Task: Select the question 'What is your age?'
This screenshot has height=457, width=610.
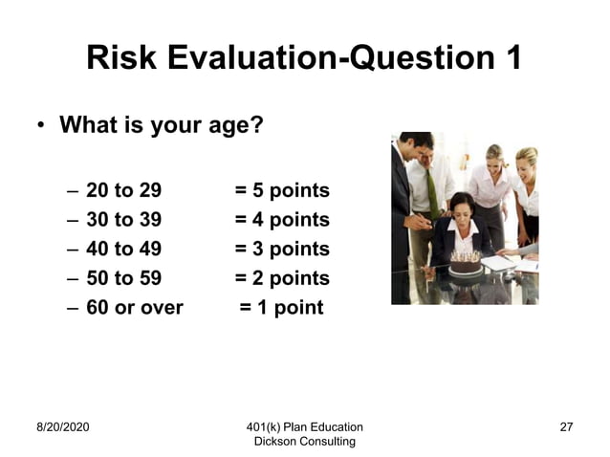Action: click(161, 125)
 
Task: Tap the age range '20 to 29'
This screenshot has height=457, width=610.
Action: click(123, 190)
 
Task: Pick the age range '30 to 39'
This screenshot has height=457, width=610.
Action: click(123, 220)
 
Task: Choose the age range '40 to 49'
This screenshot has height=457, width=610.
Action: click(123, 250)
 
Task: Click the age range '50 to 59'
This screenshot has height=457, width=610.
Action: click(123, 279)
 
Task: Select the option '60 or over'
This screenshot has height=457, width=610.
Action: click(134, 308)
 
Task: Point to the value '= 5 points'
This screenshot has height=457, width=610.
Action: click(282, 190)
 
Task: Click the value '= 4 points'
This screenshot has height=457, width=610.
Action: click(282, 220)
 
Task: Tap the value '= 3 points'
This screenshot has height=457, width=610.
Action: click(282, 250)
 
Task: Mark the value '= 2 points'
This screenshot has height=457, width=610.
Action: click(282, 279)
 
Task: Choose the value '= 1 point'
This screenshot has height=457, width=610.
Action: click(281, 308)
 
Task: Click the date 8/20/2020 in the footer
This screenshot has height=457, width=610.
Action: click(63, 426)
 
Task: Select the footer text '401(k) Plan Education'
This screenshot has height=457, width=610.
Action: click(304, 426)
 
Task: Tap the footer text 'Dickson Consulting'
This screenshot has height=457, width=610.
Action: click(304, 441)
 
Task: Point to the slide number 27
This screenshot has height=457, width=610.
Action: click(566, 426)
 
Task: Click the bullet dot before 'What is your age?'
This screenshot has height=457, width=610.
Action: click(41, 126)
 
